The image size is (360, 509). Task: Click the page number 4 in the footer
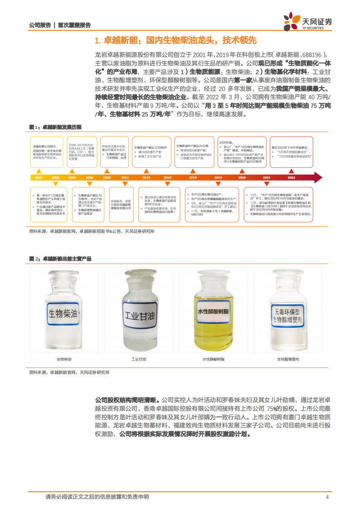click(x=327, y=497)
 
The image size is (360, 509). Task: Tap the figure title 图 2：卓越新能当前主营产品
click(x=60, y=259)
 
